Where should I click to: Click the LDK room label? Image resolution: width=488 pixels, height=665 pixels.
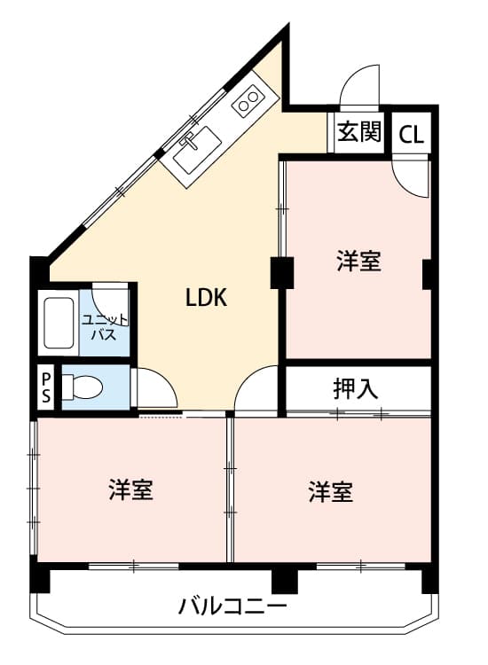tap(207, 298)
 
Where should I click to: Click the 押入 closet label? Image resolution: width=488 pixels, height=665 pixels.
tap(356, 389)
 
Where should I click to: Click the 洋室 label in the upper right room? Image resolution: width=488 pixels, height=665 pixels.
tap(358, 262)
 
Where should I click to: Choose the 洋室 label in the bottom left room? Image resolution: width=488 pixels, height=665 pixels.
tap(131, 490)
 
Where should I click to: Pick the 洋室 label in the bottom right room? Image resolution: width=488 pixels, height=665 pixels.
tap(331, 492)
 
